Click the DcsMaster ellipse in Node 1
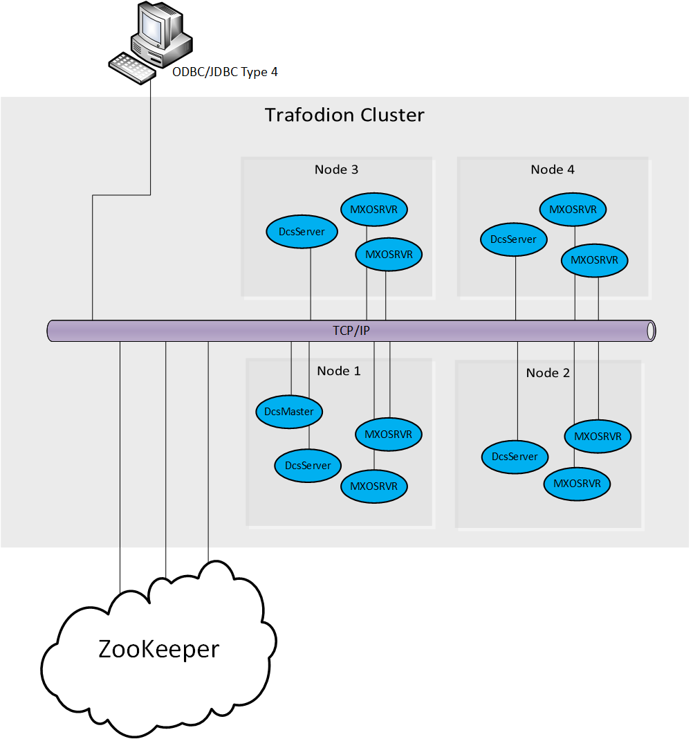pyautogui.click(x=289, y=412)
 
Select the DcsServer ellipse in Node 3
pyautogui.click(x=301, y=232)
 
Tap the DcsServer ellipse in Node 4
pyautogui.click(x=513, y=239)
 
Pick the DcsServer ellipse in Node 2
pyautogui.click(x=515, y=457)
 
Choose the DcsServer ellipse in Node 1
pyautogui.click(x=308, y=466)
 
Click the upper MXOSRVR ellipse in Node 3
pyautogui.click(x=374, y=209)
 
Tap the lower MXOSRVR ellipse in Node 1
pyautogui.click(x=373, y=486)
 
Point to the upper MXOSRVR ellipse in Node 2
pyautogui.click(x=598, y=437)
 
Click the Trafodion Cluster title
pyautogui.click(x=344, y=115)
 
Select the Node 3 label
pyautogui.click(x=336, y=170)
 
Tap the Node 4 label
pyautogui.click(x=553, y=170)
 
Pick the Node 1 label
pyautogui.click(x=339, y=371)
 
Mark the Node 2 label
pyautogui.click(x=548, y=373)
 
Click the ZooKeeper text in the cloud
pyautogui.click(x=159, y=649)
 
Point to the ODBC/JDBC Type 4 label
pyautogui.click(x=225, y=72)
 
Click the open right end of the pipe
pyautogui.click(x=651, y=331)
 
